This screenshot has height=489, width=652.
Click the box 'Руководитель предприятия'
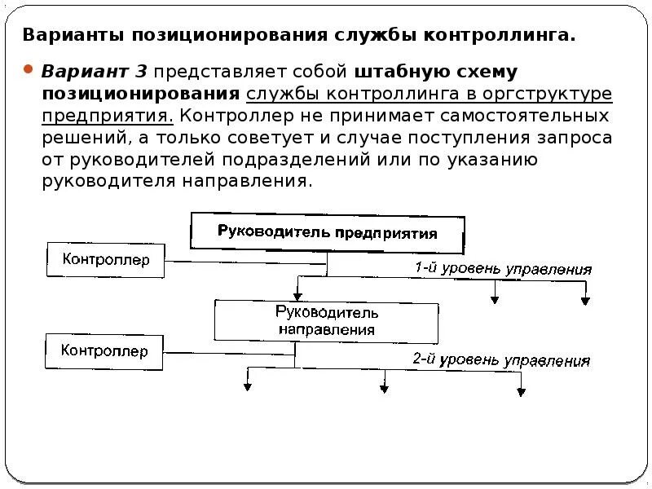click(x=328, y=232)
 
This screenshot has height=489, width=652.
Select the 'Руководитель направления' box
click(x=326, y=321)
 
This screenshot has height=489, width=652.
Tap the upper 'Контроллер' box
click(x=106, y=261)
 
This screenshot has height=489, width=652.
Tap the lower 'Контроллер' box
click(x=105, y=351)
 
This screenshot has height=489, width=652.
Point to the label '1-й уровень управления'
click(x=502, y=269)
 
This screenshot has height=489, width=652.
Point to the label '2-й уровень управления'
click(x=500, y=359)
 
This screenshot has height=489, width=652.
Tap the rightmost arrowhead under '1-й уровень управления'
click(x=584, y=300)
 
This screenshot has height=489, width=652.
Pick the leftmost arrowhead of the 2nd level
click(x=246, y=388)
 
